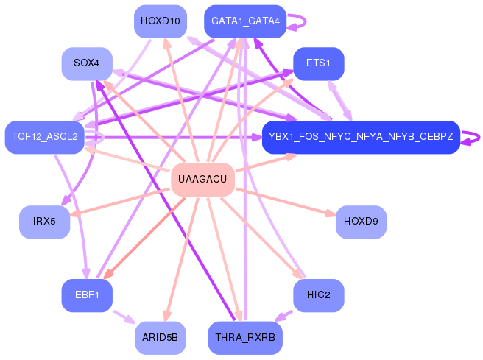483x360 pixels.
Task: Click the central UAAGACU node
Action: [202, 180]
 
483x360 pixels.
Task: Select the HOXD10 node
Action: [160, 21]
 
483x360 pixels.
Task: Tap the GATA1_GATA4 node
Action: [245, 21]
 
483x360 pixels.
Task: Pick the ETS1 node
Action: [318, 64]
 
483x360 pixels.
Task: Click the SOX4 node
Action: [87, 64]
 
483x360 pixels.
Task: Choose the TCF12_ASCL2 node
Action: [45, 137]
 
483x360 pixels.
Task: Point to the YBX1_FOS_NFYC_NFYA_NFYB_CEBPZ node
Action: [361, 137]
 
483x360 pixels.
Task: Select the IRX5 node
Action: [44, 222]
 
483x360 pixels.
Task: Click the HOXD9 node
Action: [361, 222]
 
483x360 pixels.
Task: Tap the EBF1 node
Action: [87, 295]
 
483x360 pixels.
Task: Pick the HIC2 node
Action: [318, 295]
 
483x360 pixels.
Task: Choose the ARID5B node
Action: [160, 338]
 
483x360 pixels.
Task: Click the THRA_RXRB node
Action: [245, 338]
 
